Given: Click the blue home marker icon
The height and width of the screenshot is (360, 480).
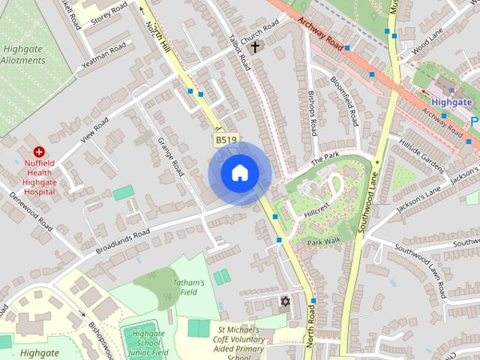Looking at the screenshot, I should click(x=238, y=174).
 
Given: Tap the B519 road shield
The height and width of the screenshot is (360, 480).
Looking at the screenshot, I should click(x=226, y=140).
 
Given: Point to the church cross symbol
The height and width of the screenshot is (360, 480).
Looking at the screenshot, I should click(x=255, y=47).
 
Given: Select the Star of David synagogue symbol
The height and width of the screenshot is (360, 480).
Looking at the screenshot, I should click(x=284, y=302).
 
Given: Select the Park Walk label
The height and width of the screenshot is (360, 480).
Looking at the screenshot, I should click(x=323, y=241).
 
